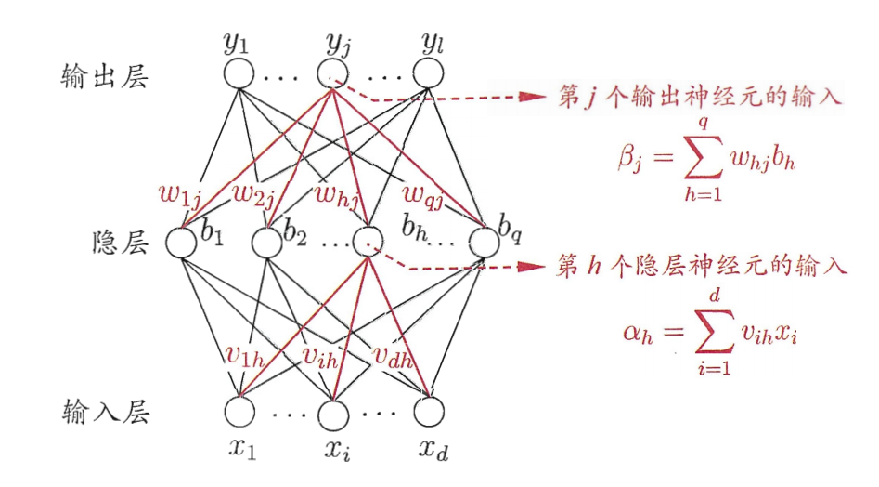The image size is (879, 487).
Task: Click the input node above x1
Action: point(239,410)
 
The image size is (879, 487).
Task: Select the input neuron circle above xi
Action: point(331,410)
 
